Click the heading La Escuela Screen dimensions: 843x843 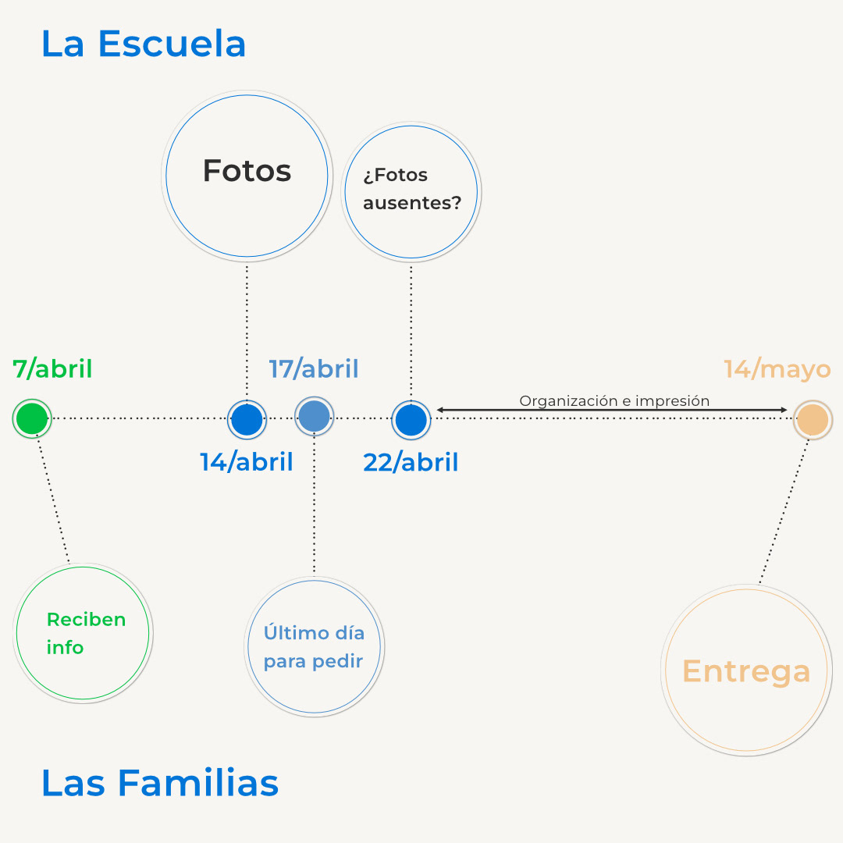(x=144, y=44)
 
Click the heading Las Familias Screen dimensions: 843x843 (x=160, y=782)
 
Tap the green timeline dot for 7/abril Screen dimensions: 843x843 (x=32, y=419)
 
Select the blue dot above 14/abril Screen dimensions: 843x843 (x=247, y=420)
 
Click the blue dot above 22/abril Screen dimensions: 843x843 (x=411, y=420)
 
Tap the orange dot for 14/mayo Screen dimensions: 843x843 (x=813, y=419)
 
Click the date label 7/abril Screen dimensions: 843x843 (x=53, y=368)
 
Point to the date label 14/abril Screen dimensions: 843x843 (x=247, y=462)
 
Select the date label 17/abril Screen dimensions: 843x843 (x=314, y=368)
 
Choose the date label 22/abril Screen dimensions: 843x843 (x=411, y=462)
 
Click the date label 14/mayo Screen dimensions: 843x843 (x=777, y=368)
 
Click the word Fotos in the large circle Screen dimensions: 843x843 (x=247, y=171)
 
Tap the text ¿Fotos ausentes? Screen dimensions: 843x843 (x=411, y=189)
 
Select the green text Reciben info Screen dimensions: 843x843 (x=85, y=633)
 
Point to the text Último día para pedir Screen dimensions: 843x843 (x=314, y=646)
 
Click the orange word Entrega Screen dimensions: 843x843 (x=746, y=671)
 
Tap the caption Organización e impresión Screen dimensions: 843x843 (x=614, y=401)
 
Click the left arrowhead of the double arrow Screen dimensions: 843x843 (x=440, y=409)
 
